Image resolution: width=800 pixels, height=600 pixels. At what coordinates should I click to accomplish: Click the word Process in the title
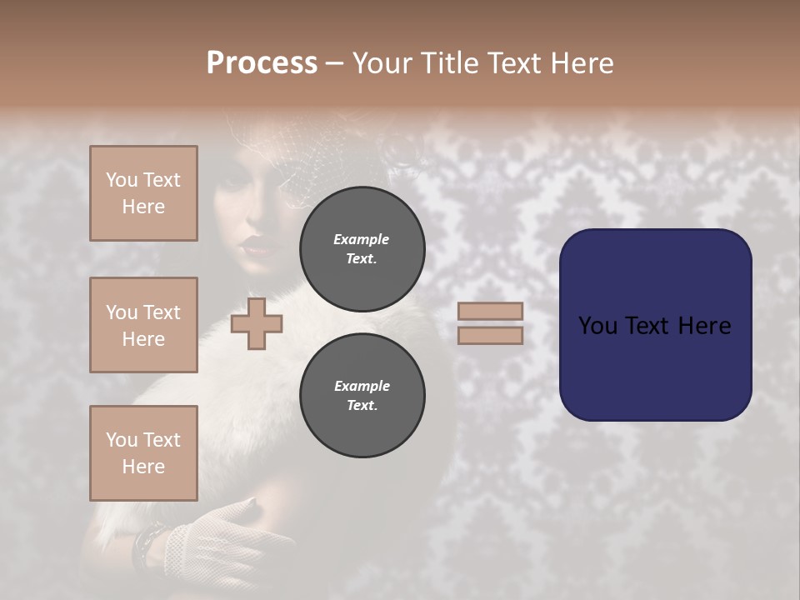[x=262, y=63]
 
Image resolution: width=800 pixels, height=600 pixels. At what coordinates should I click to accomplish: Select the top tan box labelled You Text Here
[x=143, y=193]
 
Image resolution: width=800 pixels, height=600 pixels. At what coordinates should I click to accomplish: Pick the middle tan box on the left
[x=143, y=325]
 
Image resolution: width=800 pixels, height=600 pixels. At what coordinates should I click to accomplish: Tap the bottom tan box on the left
[x=143, y=453]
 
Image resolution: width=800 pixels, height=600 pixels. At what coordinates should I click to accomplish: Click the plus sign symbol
[x=257, y=323]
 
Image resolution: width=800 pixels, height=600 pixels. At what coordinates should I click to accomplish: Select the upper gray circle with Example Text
[x=362, y=248]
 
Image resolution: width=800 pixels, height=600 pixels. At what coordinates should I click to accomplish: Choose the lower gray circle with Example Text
[x=362, y=395]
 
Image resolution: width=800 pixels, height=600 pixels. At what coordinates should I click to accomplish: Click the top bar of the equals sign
[x=490, y=311]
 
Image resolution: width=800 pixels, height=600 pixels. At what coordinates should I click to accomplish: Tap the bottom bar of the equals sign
[x=490, y=335]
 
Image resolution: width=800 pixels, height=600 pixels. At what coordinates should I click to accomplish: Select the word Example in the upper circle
[x=362, y=239]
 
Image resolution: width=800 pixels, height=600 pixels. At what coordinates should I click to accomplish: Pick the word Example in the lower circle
[x=362, y=386]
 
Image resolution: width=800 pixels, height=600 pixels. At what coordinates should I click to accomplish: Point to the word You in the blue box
[x=597, y=326]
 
